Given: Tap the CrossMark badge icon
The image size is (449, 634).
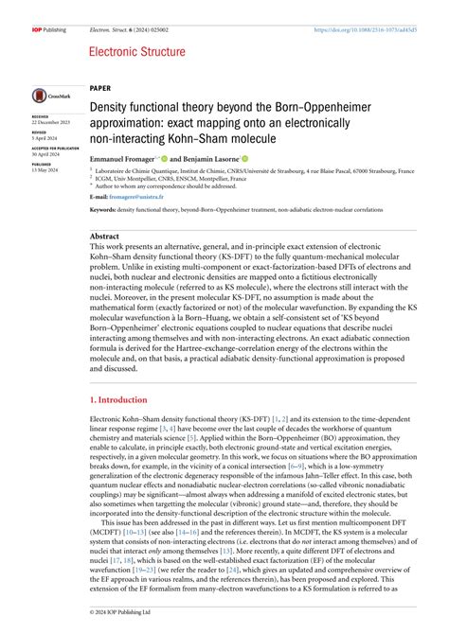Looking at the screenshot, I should pyautogui.click(x=48, y=96).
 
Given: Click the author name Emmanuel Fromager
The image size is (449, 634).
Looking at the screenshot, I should pyautogui.click(x=121, y=158).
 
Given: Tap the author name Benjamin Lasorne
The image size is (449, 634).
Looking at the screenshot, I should pyautogui.click(x=210, y=158).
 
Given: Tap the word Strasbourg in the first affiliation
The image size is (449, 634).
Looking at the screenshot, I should pyautogui.click(x=376, y=171).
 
